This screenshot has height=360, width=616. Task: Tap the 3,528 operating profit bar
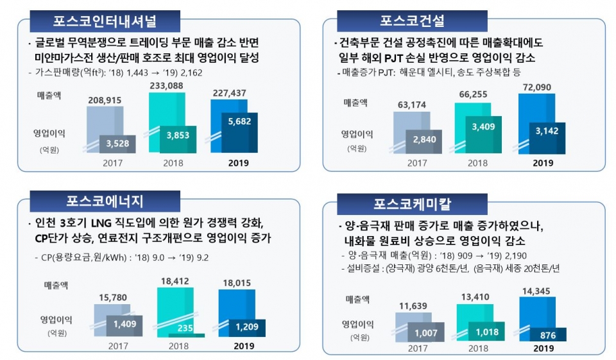click(117, 142)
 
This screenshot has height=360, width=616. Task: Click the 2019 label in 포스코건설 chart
click(543, 163)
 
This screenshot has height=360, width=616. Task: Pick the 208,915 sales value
click(105, 101)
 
